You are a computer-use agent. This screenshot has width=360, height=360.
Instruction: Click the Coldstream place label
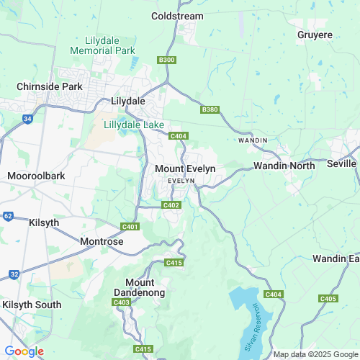point(177,16)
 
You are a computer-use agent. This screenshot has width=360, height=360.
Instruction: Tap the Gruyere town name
point(315,34)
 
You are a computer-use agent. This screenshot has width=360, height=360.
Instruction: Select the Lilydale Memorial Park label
point(103,46)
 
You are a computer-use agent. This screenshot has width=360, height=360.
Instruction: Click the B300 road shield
point(166,60)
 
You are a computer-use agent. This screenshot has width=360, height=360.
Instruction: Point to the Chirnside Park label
point(50,86)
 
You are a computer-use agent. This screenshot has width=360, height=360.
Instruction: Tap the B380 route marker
point(210,109)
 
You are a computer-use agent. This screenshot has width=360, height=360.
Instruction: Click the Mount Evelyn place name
point(185,168)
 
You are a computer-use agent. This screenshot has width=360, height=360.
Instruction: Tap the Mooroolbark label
point(36,175)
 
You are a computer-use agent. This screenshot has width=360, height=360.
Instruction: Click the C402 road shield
point(171,205)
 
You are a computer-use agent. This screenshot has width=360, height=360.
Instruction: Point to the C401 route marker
point(130,227)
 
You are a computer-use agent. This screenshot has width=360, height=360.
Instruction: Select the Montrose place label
point(101,242)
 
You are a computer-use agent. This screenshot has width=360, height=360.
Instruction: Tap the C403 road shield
point(122,303)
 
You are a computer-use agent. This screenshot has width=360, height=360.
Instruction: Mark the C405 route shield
point(328,298)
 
